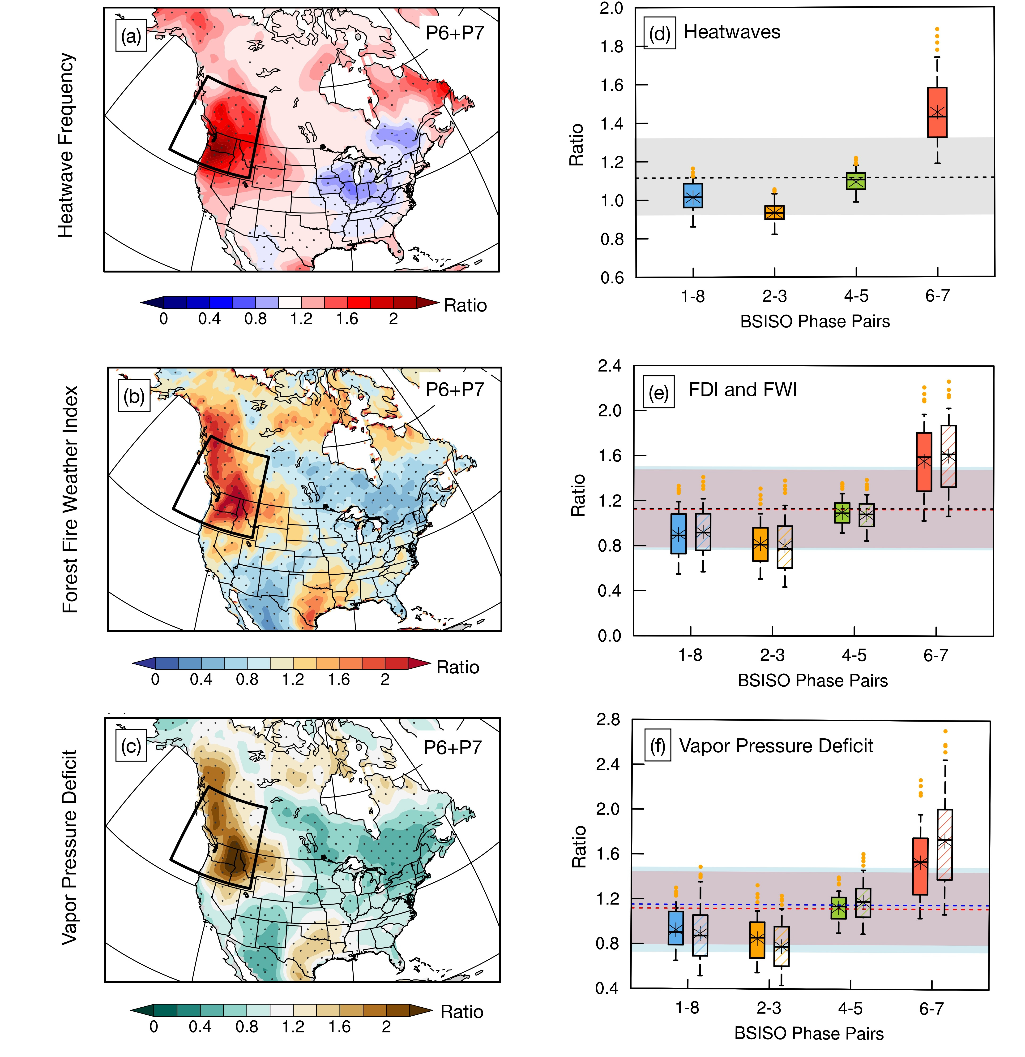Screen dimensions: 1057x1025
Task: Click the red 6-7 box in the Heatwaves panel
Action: click(x=937, y=112)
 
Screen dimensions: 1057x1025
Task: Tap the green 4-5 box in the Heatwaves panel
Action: click(x=856, y=181)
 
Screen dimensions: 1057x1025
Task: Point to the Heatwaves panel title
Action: click(x=732, y=32)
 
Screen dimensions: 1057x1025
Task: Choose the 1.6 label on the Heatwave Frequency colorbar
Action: click(x=347, y=319)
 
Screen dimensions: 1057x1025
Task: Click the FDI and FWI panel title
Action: click(x=743, y=389)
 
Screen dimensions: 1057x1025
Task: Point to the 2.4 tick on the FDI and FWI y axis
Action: click(x=610, y=366)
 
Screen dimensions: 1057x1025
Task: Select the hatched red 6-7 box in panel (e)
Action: click(x=948, y=456)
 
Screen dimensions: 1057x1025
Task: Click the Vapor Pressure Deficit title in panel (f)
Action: click(x=776, y=746)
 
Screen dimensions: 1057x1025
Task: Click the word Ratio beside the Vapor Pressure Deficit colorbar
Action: click(x=462, y=1012)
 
